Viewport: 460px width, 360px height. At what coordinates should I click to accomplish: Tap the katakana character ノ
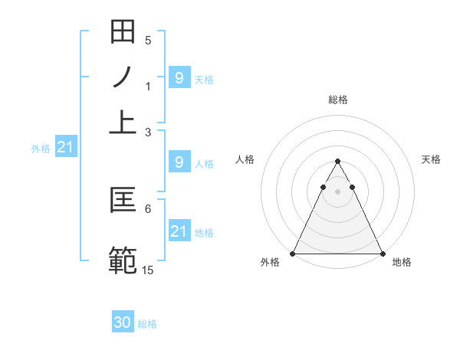123,77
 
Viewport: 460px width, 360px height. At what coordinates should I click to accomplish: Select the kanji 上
123,122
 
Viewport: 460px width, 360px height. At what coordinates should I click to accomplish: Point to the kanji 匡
123,201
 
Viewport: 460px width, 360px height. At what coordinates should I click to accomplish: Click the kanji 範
123,259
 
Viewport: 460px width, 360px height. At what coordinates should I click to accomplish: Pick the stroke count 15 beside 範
148,270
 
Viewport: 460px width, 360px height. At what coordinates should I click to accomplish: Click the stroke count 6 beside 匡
148,208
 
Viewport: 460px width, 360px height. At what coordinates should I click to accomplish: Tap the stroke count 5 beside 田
148,40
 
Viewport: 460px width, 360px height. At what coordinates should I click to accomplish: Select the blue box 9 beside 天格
179,77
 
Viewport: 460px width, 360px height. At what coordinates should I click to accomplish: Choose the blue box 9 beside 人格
179,162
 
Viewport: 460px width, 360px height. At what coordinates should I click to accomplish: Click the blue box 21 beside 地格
179,231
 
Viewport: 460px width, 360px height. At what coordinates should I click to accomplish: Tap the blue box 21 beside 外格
64,147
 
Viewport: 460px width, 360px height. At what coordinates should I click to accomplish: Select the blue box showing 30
123,323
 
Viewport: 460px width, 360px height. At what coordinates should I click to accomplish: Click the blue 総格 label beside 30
147,324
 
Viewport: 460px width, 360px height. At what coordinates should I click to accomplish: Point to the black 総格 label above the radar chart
338,100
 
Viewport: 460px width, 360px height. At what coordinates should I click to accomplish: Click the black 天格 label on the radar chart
432,159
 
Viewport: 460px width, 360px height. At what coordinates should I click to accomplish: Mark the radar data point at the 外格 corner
293,254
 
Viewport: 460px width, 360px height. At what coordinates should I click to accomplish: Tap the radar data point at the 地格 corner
383,254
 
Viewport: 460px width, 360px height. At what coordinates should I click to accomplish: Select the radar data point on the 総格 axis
337,162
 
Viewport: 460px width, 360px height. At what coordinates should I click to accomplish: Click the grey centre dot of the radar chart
337,191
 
